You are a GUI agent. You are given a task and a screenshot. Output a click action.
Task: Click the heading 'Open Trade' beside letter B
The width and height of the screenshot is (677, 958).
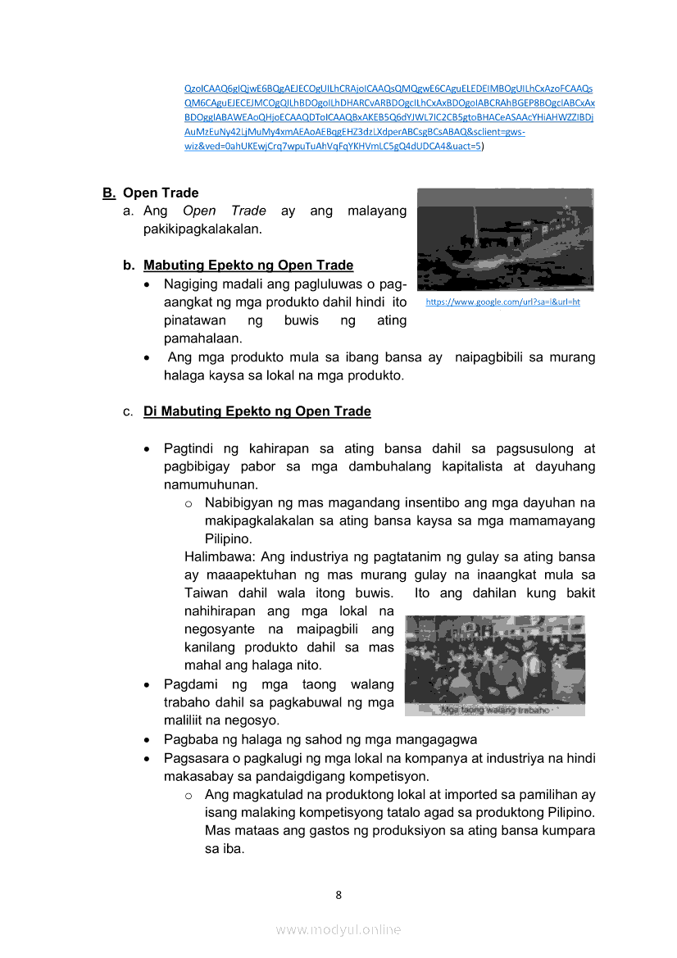click(x=161, y=193)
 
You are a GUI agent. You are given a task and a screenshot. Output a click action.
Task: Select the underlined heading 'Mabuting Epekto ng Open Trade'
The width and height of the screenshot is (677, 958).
click(x=248, y=266)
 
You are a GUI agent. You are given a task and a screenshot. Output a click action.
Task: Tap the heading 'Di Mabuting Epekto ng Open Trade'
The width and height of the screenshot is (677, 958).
click(x=257, y=411)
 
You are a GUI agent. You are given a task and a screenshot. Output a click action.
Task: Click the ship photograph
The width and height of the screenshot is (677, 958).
click(x=505, y=239)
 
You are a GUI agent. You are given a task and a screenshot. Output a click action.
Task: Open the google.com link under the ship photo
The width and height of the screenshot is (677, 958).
click(x=502, y=302)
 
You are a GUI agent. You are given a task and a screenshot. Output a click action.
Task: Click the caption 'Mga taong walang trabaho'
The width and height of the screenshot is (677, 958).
click(x=495, y=710)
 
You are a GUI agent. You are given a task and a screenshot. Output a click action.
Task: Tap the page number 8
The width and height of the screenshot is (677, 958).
click(x=338, y=894)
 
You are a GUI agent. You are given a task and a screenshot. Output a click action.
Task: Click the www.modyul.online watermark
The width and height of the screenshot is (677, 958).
click(x=338, y=929)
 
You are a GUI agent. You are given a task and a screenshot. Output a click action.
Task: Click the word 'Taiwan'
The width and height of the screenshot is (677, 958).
click(x=207, y=593)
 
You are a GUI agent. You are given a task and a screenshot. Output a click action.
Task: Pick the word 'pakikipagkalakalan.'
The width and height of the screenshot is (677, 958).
click(x=202, y=229)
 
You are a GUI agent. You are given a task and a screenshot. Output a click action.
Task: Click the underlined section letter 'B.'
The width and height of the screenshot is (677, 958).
click(x=109, y=193)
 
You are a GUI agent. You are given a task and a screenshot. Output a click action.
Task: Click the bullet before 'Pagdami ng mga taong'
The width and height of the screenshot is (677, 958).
click(x=146, y=685)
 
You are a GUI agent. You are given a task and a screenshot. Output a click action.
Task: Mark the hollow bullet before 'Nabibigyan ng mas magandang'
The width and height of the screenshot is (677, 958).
click(x=189, y=503)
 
